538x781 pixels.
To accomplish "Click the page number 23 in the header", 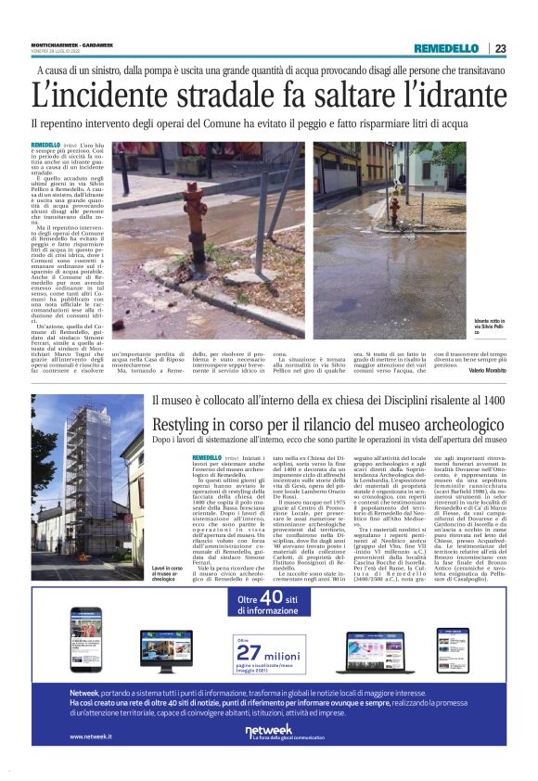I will coord(500,48).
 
